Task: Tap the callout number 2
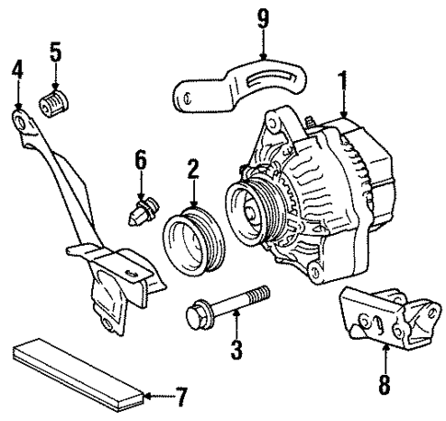[193, 168]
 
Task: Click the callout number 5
[55, 52]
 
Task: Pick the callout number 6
[141, 161]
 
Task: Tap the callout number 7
[181, 398]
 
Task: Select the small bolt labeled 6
[140, 212]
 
